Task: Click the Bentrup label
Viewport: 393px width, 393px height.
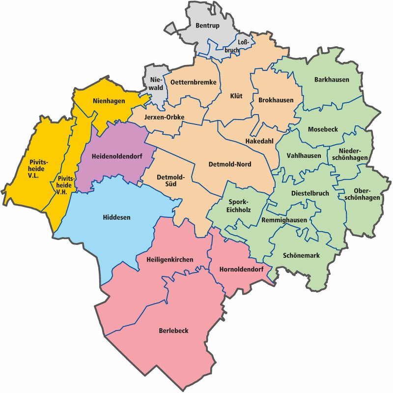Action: pyautogui.click(x=207, y=25)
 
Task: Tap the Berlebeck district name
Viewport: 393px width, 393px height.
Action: pyautogui.click(x=173, y=331)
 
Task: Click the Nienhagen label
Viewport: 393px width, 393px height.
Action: pyautogui.click(x=109, y=101)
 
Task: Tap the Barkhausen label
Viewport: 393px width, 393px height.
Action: pyautogui.click(x=332, y=80)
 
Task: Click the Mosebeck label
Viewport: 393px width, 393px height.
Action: pyautogui.click(x=323, y=129)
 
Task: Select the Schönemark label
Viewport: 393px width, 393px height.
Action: pyautogui.click(x=301, y=256)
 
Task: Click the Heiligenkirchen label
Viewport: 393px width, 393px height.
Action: pyautogui.click(x=170, y=259)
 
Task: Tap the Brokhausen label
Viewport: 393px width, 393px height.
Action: pyautogui.click(x=276, y=100)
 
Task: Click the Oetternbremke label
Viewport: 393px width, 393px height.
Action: pyautogui.click(x=193, y=83)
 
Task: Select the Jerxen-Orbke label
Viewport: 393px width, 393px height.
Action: pyautogui.click(x=164, y=117)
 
